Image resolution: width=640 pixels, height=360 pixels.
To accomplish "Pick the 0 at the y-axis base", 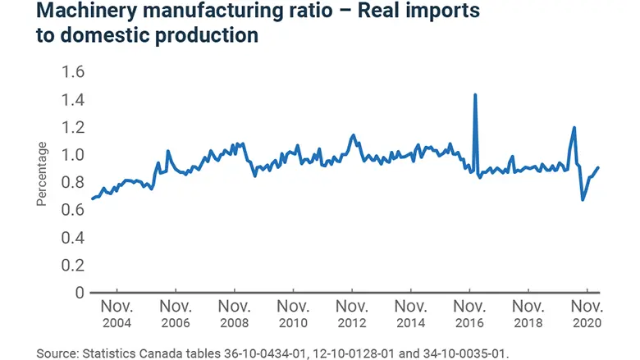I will (79, 293).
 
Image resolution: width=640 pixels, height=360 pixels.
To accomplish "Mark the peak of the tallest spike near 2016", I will (475, 95).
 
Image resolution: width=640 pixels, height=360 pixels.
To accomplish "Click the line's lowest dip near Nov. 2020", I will (583, 199).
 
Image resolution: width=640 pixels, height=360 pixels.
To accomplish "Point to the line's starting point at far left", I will (91, 199).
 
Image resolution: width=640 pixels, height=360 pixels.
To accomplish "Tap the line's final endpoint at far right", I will (598, 167).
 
